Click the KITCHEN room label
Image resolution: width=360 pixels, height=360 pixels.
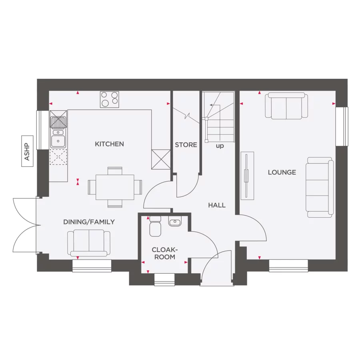(x=109, y=144)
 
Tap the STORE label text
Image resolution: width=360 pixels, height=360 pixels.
(x=186, y=144)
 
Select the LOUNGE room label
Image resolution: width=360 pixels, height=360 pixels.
(x=282, y=172)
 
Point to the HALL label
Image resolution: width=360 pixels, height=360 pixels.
(x=217, y=205)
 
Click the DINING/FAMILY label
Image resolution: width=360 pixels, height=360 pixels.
(x=89, y=222)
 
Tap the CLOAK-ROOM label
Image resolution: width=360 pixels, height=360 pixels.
(x=164, y=253)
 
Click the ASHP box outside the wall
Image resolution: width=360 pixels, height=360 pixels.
(x=27, y=152)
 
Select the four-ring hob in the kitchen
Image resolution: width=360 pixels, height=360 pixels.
(x=110, y=99)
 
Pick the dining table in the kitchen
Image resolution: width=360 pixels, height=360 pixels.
(x=115, y=187)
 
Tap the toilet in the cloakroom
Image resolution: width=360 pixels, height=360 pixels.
(x=155, y=226)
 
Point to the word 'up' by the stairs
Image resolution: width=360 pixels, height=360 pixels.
(x=220, y=146)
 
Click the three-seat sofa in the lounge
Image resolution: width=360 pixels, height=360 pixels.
(x=320, y=187)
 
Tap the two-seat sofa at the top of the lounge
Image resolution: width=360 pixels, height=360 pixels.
(x=287, y=106)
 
